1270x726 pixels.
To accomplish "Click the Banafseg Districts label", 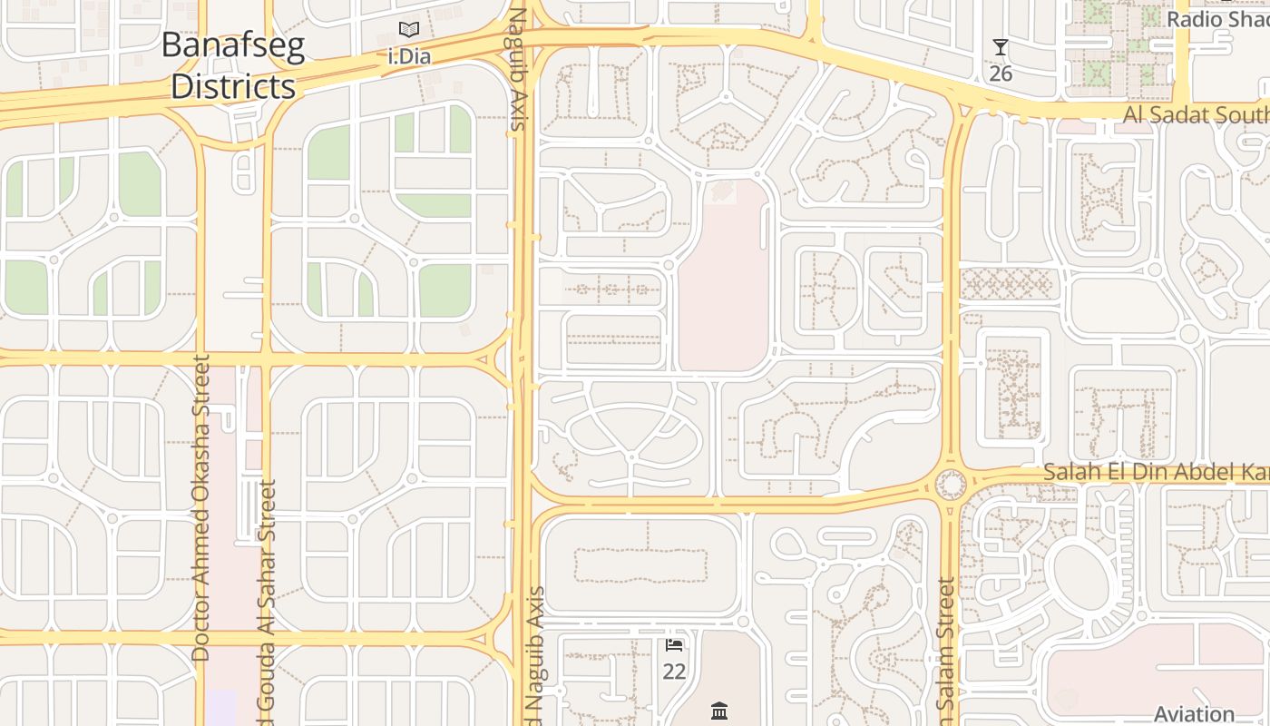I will pos(233,66).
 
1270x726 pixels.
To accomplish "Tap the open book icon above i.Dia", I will pos(409,30).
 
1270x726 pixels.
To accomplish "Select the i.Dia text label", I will pos(409,56).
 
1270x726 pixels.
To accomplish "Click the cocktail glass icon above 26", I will pos(1001,47).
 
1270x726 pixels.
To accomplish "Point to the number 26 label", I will pos(1001,74).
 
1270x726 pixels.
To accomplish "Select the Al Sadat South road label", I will pos(1196,115).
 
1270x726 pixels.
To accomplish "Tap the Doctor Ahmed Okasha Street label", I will pos(201,508).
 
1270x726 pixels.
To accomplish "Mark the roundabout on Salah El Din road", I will pos(950,484).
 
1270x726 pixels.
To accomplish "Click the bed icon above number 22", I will pos(674,645).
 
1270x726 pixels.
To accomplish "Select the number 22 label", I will pos(674,672).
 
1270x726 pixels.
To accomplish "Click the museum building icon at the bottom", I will pos(720,710).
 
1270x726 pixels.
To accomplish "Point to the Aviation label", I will pos(1194,713).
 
